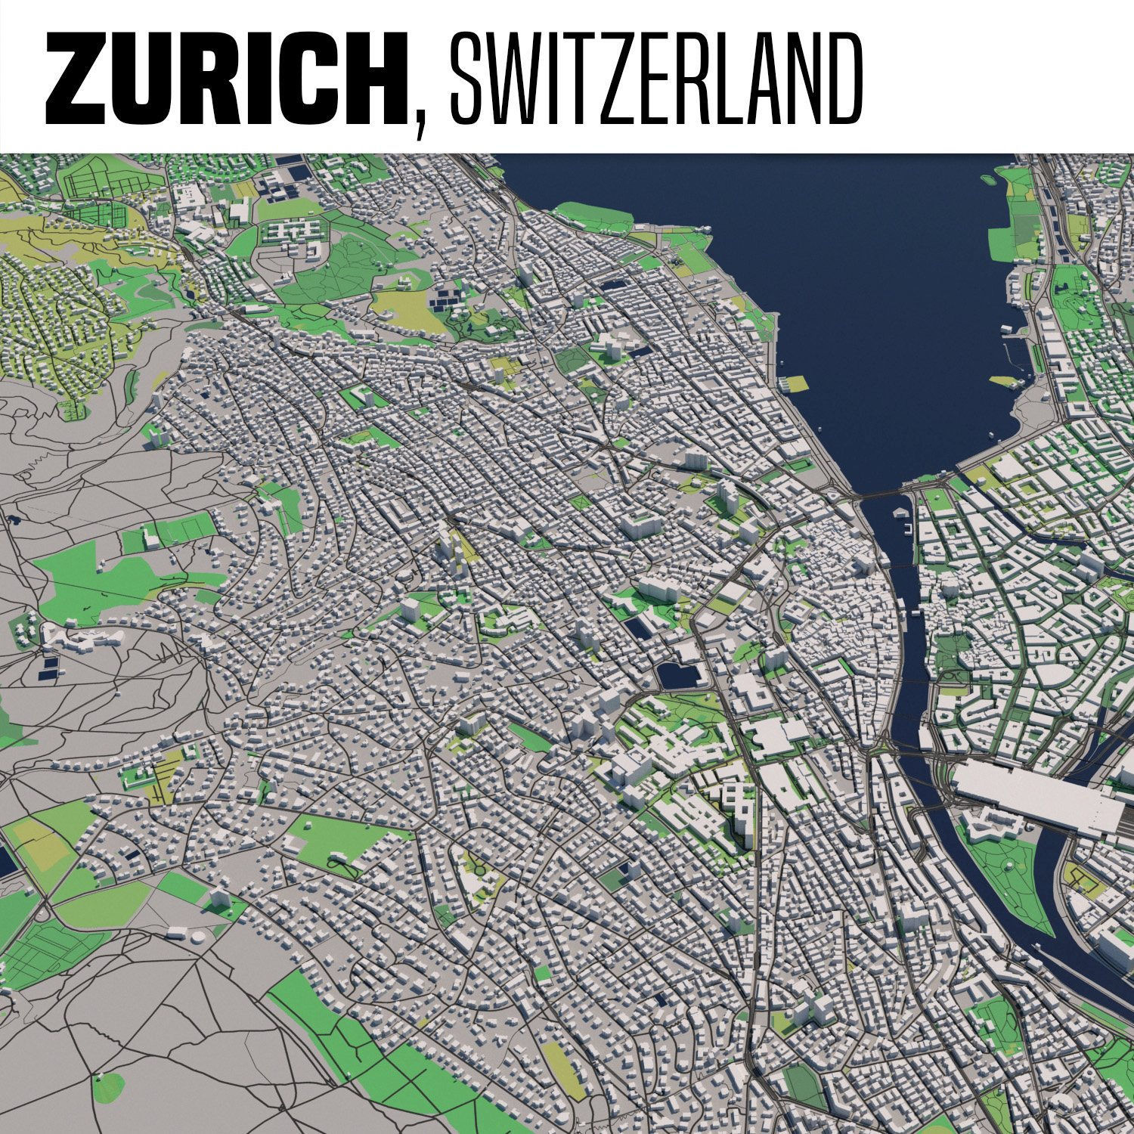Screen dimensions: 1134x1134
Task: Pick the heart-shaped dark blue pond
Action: coord(674,676)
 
